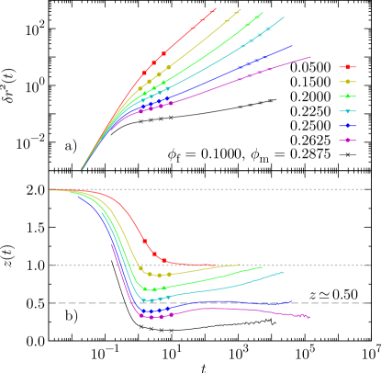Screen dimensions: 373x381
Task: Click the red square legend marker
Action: tap(347, 67)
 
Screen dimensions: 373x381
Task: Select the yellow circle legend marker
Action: tap(347, 82)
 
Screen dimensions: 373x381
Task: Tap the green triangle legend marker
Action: tap(347, 96)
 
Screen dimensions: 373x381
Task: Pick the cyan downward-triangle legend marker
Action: tap(347, 111)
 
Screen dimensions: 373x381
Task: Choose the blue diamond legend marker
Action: tap(347, 126)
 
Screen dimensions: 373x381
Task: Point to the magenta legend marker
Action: tap(347, 141)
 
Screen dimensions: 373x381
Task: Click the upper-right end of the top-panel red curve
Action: tap(216, 8)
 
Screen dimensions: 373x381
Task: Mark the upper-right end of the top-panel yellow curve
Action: tap(241, 9)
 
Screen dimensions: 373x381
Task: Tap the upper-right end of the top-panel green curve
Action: tap(263, 13)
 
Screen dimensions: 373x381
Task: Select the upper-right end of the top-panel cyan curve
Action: tap(285, 17)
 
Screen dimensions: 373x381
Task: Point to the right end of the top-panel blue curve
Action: tap(293, 45)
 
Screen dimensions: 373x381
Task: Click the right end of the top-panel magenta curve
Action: tap(311, 57)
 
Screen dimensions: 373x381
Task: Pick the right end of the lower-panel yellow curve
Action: tap(241, 265)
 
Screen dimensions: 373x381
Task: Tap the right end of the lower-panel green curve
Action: tap(263, 266)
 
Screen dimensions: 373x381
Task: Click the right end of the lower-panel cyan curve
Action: tap(285, 272)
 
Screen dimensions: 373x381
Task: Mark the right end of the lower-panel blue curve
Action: tap(292, 301)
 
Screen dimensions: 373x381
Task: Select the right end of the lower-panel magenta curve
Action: tap(310, 317)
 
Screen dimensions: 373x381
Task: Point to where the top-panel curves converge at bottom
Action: tap(82, 170)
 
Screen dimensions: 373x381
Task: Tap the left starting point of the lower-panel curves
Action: tap(50, 190)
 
